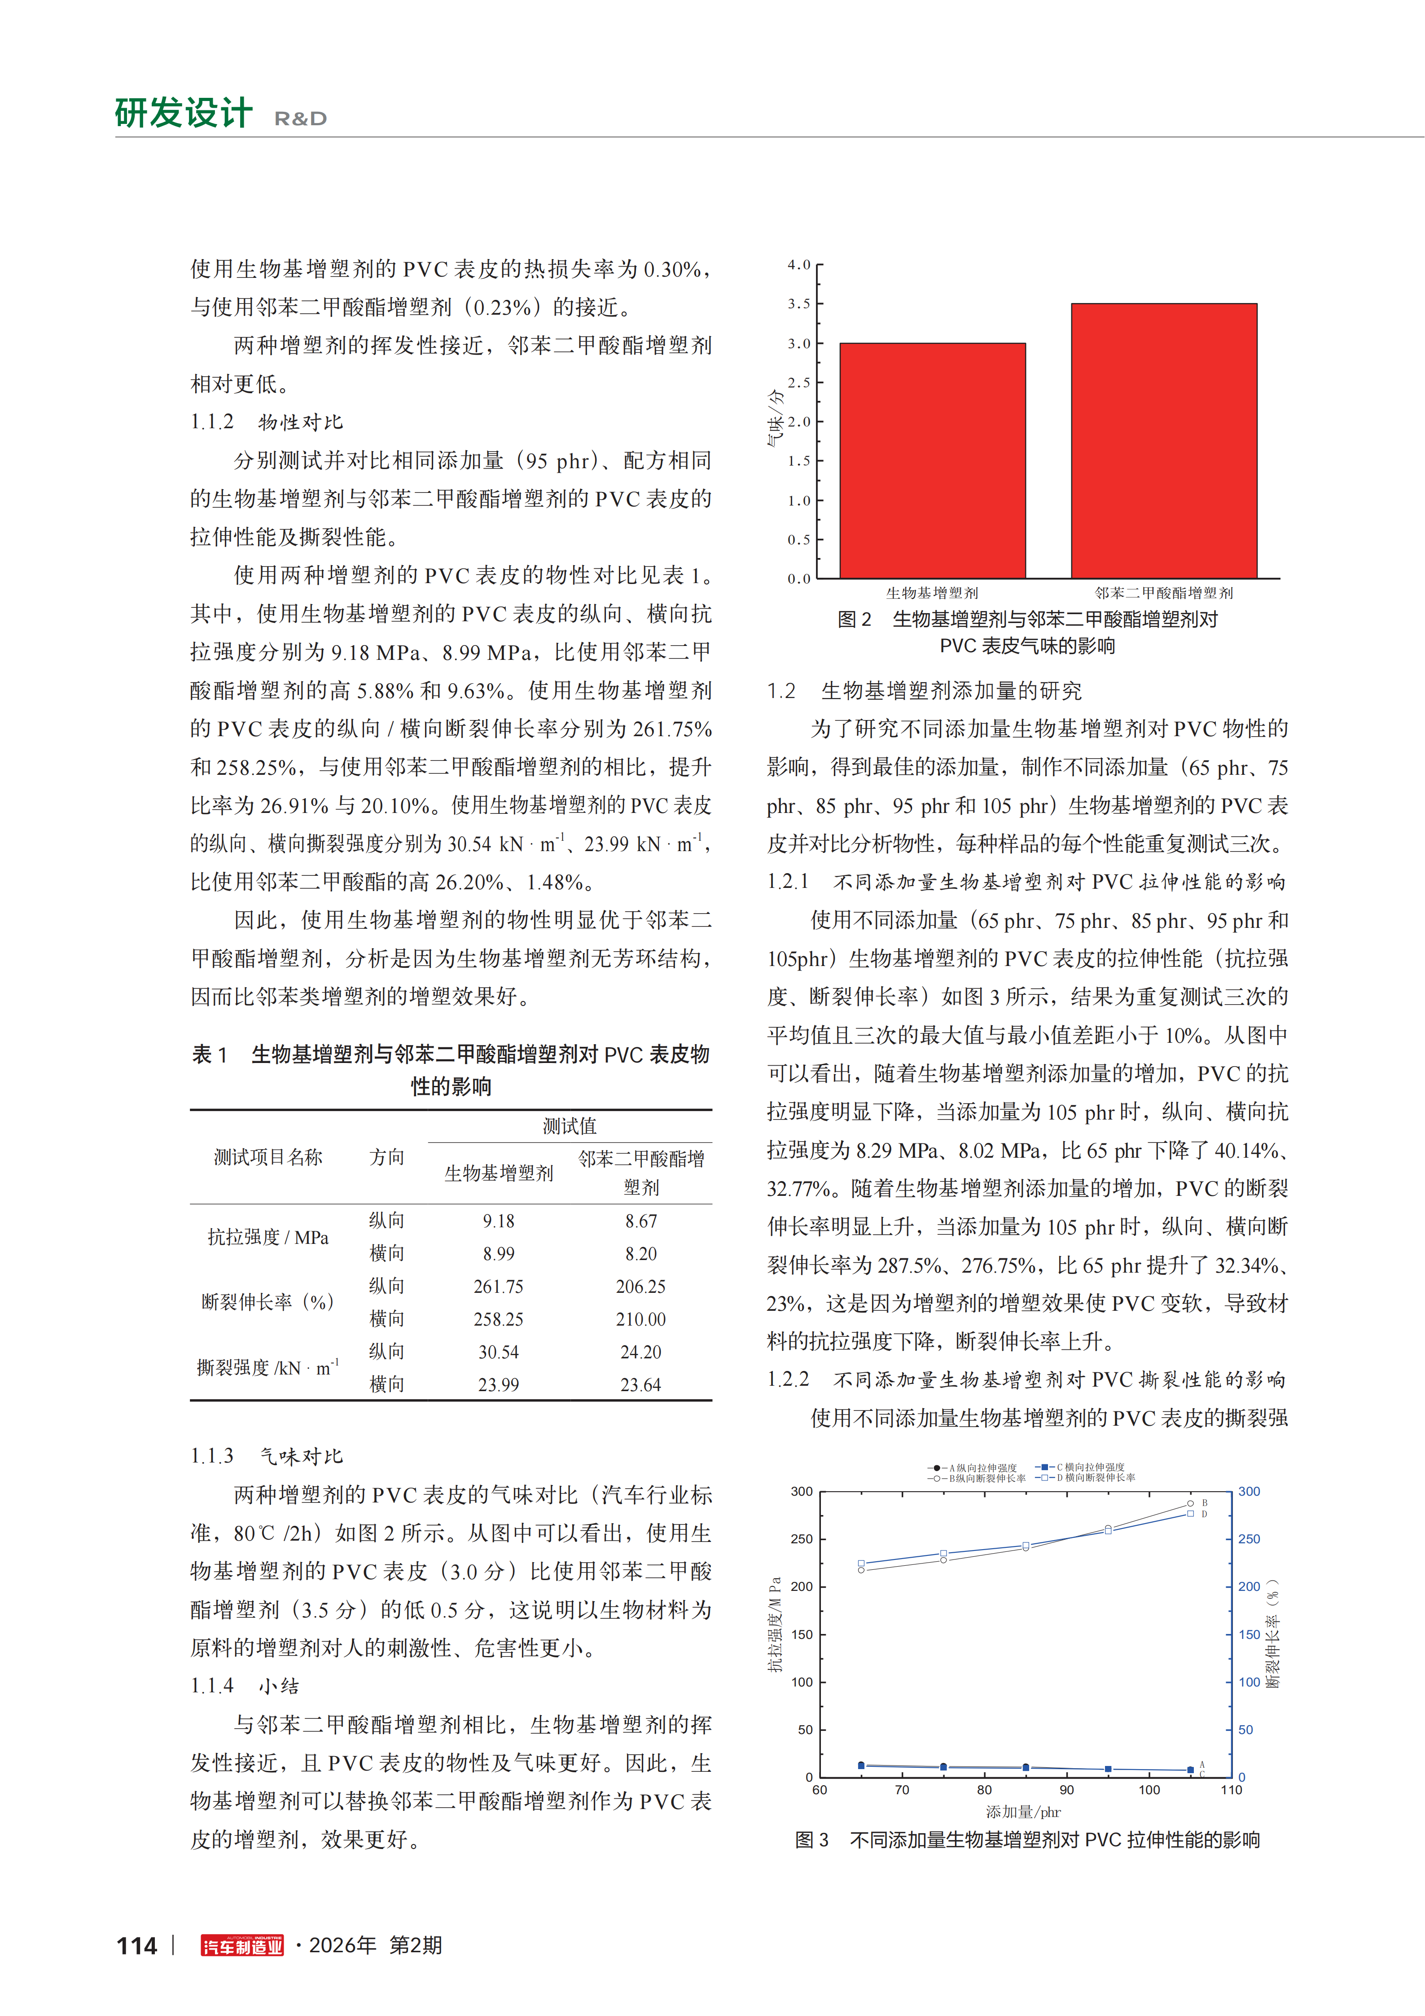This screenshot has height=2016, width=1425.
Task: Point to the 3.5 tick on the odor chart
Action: [799, 304]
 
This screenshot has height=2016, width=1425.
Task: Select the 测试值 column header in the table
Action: [569, 1126]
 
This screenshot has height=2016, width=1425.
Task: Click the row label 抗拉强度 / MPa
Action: [268, 1237]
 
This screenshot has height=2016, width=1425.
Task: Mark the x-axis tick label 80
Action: [984, 1789]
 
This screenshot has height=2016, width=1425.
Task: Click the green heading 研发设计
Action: [184, 113]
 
